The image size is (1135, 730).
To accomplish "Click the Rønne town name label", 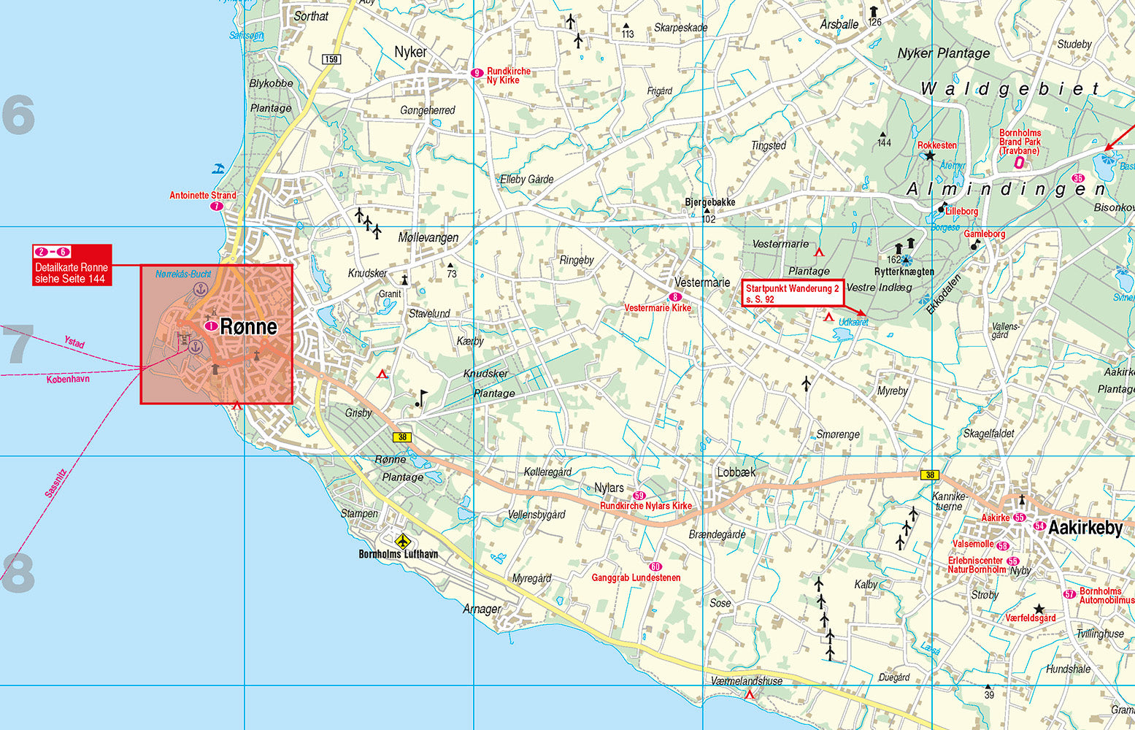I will pyautogui.click(x=248, y=326).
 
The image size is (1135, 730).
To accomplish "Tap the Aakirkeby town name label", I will pyautogui.click(x=1085, y=529).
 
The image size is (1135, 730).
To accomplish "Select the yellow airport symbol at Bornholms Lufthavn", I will pyautogui.click(x=402, y=541).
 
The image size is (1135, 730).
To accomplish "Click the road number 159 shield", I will pyautogui.click(x=331, y=59).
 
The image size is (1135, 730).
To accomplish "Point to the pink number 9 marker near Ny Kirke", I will pyautogui.click(x=477, y=72).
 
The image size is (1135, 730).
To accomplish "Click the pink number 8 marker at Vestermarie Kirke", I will pyautogui.click(x=675, y=297).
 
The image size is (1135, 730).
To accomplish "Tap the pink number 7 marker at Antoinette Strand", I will pyautogui.click(x=216, y=207).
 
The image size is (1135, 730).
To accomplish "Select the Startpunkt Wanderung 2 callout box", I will pyautogui.click(x=792, y=293).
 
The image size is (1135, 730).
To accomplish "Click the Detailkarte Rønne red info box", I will pyautogui.click(x=72, y=265).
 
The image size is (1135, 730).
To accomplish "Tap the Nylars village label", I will pyautogui.click(x=609, y=488).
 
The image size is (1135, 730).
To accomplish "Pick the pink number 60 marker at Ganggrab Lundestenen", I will pyautogui.click(x=655, y=566).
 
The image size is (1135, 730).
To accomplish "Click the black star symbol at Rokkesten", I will pyautogui.click(x=929, y=155).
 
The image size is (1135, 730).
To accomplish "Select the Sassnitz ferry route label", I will pyautogui.click(x=55, y=483).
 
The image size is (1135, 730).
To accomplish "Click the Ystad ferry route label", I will pyautogui.click(x=74, y=342).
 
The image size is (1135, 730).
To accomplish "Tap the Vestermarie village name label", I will pyautogui.click(x=701, y=282).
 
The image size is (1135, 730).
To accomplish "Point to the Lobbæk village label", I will pyautogui.click(x=736, y=472).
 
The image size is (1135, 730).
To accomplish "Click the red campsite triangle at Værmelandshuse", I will pyautogui.click(x=750, y=694).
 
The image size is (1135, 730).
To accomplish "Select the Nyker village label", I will pyautogui.click(x=410, y=52).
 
